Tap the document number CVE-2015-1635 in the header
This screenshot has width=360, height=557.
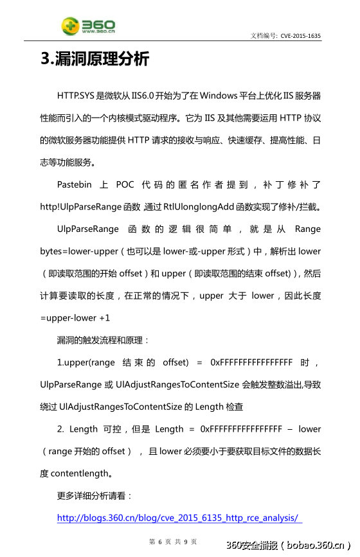pyautogui.click(x=300, y=36)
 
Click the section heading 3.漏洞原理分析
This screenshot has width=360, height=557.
pyautogui.click(x=94, y=59)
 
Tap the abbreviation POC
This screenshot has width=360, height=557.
pyautogui.click(x=125, y=185)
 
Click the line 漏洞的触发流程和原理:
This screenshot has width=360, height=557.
pyautogui.click(x=103, y=340)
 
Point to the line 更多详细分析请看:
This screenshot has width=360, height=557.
pyautogui.click(x=94, y=496)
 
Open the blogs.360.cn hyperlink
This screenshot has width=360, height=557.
pyautogui.click(x=179, y=518)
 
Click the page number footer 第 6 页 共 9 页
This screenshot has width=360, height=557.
pyautogui.click(x=173, y=542)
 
